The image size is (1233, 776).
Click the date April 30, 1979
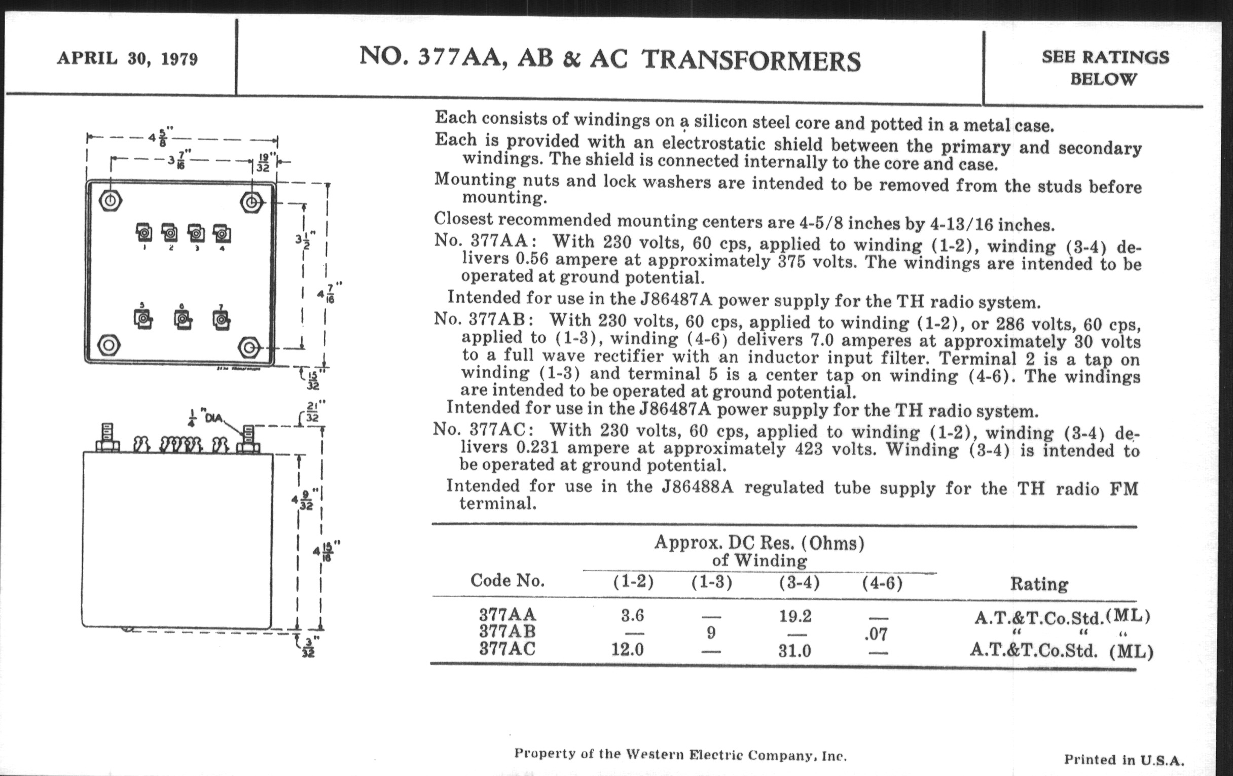(127, 58)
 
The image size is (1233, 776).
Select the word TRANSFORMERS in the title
(751, 60)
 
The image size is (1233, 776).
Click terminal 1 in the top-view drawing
(144, 234)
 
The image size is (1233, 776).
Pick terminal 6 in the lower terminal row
(183, 319)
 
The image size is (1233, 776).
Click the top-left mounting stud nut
(110, 201)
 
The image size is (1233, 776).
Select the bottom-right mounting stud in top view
(249, 348)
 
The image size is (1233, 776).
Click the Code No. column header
(507, 580)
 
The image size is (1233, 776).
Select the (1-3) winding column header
(711, 582)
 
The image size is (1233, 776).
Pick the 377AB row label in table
(507, 631)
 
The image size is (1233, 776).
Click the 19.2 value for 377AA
(794, 616)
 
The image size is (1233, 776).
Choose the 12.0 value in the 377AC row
(628, 650)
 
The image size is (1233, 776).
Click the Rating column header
(1039, 584)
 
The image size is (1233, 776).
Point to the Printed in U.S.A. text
(1123, 759)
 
